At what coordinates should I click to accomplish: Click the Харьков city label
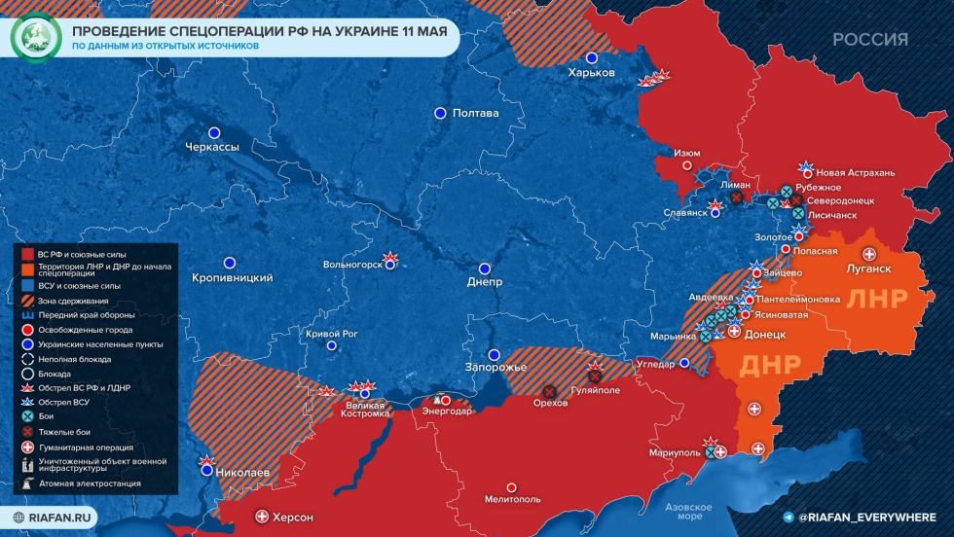pos(592,74)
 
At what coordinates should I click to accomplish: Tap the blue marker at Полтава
pos(440,113)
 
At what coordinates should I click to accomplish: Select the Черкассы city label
pos(212,147)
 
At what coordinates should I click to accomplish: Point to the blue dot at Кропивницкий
pos(230,263)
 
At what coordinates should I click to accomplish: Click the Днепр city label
pos(485,282)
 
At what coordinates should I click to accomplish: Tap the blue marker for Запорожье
pos(494,355)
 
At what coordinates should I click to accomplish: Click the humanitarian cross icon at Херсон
pos(261,517)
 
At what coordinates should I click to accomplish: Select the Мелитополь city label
pos(512,499)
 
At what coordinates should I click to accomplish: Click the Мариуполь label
pos(675,453)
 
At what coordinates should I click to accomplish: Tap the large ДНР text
pos(770,365)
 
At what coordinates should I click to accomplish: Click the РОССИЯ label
pos(869,40)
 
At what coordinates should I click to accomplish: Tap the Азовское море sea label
pos(689,512)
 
